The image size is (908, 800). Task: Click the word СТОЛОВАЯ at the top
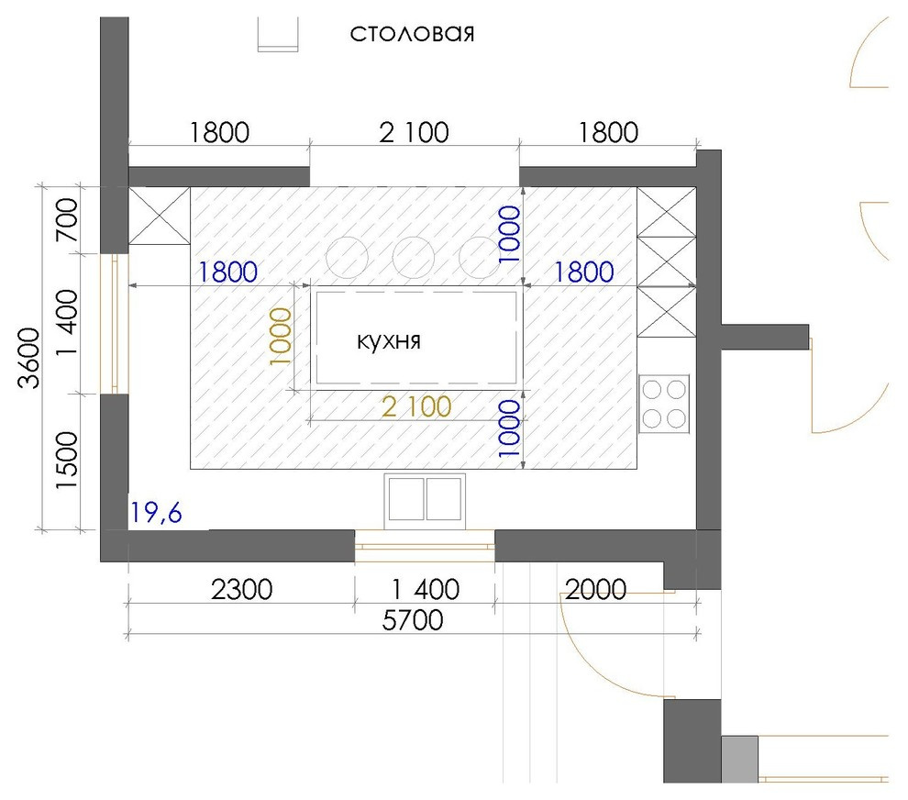413,34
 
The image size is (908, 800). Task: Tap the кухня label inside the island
389,340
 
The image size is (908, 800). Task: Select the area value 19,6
156,513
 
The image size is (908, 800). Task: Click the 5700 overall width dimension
413,620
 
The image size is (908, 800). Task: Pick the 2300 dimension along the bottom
241,590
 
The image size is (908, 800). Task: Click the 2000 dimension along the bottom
596,590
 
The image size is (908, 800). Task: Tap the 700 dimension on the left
67,220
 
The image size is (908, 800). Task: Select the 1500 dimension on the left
67,461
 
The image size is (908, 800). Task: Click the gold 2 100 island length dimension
416,406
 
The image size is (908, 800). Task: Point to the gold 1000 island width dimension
281,336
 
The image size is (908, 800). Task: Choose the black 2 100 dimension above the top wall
414,133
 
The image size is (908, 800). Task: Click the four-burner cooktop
664,404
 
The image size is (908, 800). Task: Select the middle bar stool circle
414,257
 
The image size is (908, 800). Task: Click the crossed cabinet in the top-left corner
160,216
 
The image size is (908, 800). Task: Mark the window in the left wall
115,324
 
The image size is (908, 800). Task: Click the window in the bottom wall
425,546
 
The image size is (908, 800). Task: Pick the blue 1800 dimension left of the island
228,272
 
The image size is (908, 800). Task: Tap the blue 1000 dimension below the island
510,428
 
